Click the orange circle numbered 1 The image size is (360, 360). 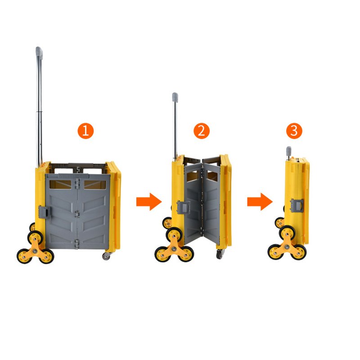click(x=85, y=131)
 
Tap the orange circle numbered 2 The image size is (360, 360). click(x=202, y=131)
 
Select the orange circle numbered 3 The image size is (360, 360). click(x=294, y=131)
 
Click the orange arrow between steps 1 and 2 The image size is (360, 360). click(x=149, y=202)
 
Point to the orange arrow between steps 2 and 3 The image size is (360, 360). click(x=260, y=202)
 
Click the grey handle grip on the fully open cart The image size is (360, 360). click(x=39, y=53)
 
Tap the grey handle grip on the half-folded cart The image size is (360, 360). click(x=175, y=97)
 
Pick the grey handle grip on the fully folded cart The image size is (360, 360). click(x=288, y=150)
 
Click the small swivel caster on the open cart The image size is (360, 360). click(x=106, y=256)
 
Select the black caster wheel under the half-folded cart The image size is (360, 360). click(x=220, y=254)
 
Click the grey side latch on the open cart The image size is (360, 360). click(x=44, y=211)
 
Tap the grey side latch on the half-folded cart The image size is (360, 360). click(x=183, y=207)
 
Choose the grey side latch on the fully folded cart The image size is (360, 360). click(x=297, y=206)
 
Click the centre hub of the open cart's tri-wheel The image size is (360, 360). click(x=35, y=251)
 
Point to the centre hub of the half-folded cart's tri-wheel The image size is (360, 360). click(x=174, y=249)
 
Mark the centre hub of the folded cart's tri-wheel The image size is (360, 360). click(x=287, y=247)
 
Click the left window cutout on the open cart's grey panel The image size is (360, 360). click(x=60, y=184)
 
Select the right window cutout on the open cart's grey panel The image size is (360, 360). click(x=95, y=185)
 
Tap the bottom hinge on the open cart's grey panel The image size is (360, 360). click(x=77, y=244)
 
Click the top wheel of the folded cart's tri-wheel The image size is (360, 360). click(x=286, y=233)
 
